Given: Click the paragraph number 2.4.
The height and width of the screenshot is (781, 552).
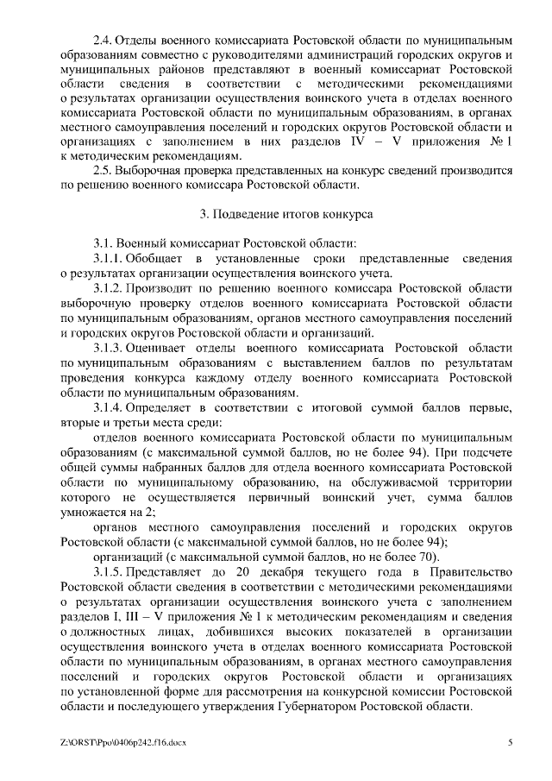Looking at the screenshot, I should tap(103, 40).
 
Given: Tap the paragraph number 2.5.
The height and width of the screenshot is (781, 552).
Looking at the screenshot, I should tap(103, 172).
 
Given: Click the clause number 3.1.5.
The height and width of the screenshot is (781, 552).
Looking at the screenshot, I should tap(108, 573).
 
